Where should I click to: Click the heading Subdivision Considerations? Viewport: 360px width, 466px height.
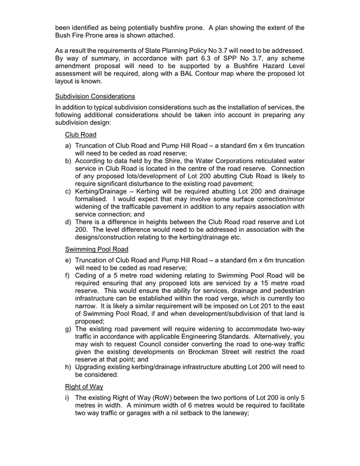95,96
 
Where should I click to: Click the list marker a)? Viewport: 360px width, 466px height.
69,146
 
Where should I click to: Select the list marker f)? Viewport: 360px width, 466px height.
68,275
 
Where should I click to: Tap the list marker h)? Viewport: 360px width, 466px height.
69,367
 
